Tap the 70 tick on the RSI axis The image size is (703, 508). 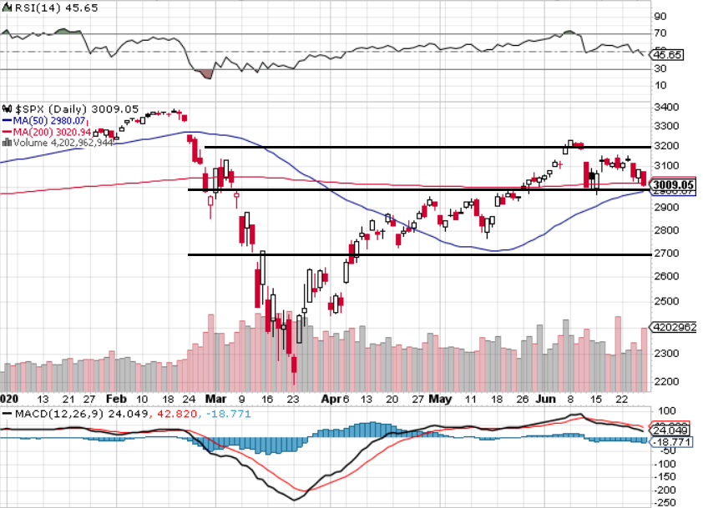pyautogui.click(x=660, y=33)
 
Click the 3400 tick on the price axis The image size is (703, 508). pyautogui.click(x=665, y=107)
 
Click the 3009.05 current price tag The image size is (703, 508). pyautogui.click(x=672, y=185)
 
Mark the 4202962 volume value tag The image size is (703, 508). pyautogui.click(x=674, y=327)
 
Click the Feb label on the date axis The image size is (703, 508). pyautogui.click(x=117, y=398)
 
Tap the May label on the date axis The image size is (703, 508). pyautogui.click(x=439, y=398)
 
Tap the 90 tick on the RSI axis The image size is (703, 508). pyautogui.click(x=660, y=16)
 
